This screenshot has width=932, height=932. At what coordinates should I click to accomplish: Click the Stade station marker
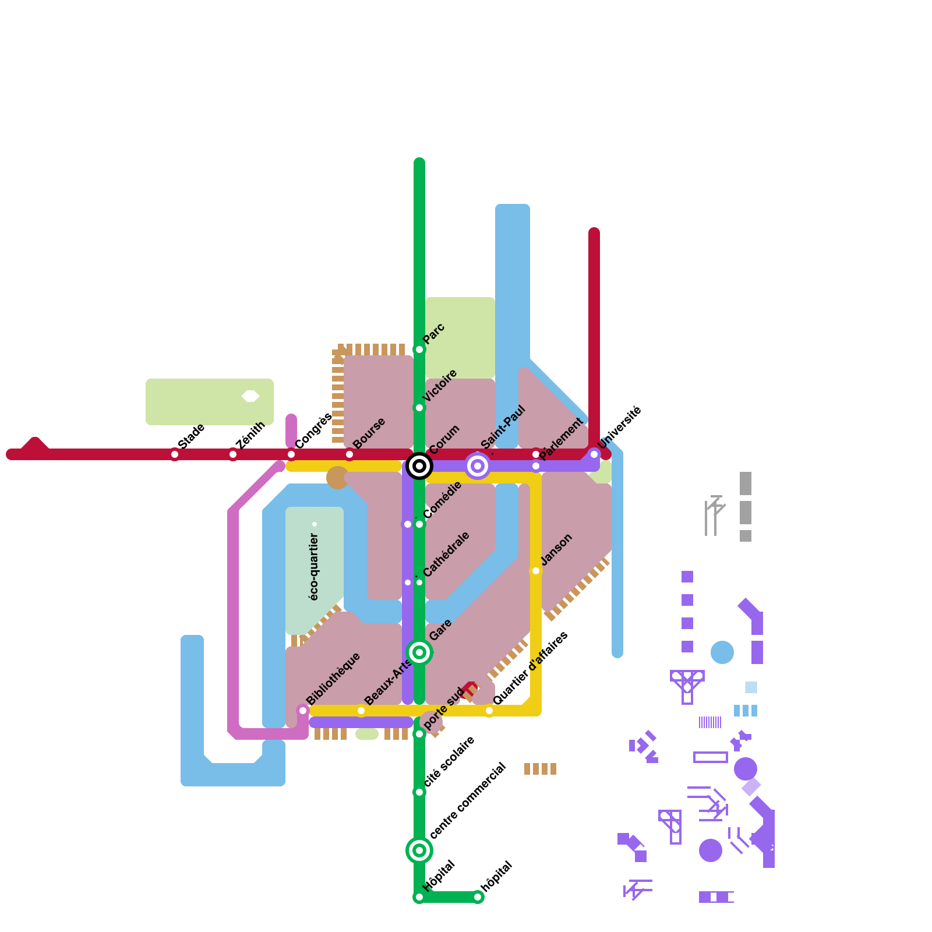coord(175,454)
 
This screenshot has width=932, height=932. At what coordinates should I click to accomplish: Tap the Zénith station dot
coord(233,454)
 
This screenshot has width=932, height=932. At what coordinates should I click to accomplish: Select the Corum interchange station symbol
coord(419,466)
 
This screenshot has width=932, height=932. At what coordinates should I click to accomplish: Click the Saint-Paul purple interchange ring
coord(478,466)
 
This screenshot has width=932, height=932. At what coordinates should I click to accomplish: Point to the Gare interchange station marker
coord(419,652)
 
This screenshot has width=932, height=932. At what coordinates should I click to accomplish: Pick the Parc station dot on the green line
coord(419,349)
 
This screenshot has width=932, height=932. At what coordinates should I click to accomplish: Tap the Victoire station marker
coord(419,408)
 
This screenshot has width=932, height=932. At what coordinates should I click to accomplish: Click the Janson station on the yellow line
coord(536,571)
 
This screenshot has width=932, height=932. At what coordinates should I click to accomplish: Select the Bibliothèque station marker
coord(303,711)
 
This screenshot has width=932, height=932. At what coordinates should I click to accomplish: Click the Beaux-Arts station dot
coord(361,711)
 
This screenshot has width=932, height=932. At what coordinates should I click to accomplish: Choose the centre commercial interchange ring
coord(419,850)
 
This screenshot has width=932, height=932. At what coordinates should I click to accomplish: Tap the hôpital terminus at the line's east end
coord(478,897)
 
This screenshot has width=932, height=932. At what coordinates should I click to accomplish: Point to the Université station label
coord(619,428)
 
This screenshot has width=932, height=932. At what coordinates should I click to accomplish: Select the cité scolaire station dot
coord(419,792)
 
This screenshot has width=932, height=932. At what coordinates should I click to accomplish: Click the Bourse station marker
coord(349,454)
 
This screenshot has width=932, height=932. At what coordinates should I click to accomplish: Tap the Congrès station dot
coord(291,454)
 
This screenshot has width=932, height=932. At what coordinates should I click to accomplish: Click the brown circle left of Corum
coord(337,478)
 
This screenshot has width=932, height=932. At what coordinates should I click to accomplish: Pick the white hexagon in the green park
coord(250,396)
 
